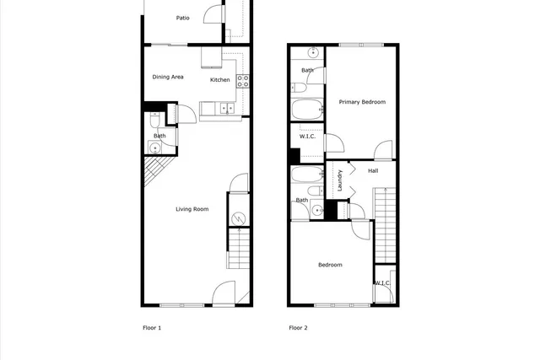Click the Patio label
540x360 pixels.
click(182, 18)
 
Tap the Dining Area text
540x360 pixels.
click(168, 78)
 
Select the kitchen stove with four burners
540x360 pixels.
click(242, 81)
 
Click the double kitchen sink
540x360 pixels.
click(225, 107)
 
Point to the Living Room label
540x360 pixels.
click(192, 209)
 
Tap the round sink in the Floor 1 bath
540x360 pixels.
click(154, 148)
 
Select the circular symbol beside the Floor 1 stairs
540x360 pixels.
click(239, 219)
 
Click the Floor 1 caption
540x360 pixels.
click(151, 327)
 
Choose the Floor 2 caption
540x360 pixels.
click(298, 327)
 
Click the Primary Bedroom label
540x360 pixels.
click(362, 102)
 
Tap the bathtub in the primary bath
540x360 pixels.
click(305, 110)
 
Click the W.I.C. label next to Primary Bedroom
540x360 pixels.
click(307, 137)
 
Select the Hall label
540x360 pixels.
click(372, 171)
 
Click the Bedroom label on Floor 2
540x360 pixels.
click(330, 265)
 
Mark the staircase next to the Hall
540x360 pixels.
click(384, 225)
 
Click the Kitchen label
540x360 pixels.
click(220, 80)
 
